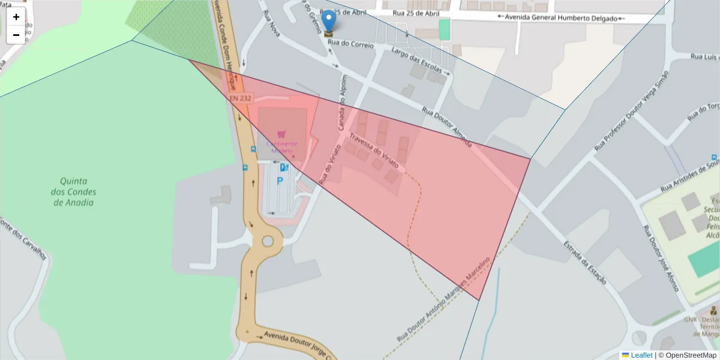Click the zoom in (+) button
point(16,17)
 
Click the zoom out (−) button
point(16,35)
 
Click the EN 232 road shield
point(241,97)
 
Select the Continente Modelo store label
point(281,146)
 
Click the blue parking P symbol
point(280,181)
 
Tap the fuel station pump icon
point(284,168)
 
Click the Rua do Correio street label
point(350,44)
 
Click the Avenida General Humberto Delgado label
point(561,18)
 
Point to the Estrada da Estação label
point(584,262)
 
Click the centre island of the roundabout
point(268,241)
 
